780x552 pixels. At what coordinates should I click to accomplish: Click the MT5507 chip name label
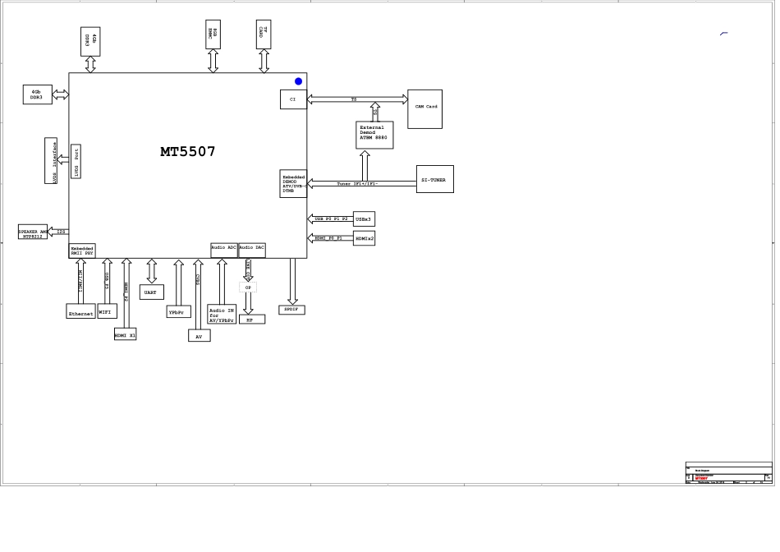click(x=188, y=152)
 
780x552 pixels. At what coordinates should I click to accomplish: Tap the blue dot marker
click(x=298, y=81)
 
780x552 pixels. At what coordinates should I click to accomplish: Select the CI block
click(x=293, y=99)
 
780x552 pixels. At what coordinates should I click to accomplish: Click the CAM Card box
click(x=424, y=108)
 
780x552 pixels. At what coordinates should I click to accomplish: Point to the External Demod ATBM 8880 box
click(x=374, y=135)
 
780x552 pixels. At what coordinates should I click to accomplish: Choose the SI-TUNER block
click(x=434, y=179)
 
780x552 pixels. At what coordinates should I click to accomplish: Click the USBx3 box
click(x=364, y=219)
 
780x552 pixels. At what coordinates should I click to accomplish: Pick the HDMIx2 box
click(x=364, y=238)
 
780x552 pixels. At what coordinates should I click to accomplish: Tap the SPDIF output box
click(x=291, y=310)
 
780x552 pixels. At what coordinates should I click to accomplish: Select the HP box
click(x=251, y=320)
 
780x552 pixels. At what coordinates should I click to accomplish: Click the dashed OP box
click(x=248, y=287)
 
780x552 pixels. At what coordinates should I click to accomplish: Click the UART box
click(x=151, y=292)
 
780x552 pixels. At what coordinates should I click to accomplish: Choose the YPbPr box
click(x=178, y=312)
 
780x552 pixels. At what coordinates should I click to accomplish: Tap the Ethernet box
click(x=80, y=312)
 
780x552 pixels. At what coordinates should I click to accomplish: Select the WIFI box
click(x=107, y=311)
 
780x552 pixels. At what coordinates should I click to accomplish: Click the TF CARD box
click(x=263, y=34)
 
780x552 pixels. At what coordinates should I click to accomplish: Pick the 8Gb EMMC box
click(x=213, y=34)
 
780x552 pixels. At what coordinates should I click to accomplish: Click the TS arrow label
click(x=354, y=99)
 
